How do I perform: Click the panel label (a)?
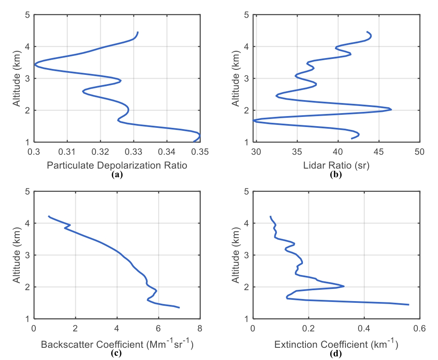pyautogui.click(x=117, y=174)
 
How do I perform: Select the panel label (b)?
pyautogui.click(x=336, y=174)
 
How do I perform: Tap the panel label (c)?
pyautogui.click(x=117, y=353)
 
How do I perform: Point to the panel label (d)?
pyautogui.click(x=336, y=353)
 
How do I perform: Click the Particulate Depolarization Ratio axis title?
pyautogui.click(x=117, y=166)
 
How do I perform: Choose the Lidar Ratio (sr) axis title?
pyautogui.click(x=336, y=166)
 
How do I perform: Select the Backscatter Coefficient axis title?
pyautogui.click(x=117, y=345)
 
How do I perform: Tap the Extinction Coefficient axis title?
pyautogui.click(x=336, y=345)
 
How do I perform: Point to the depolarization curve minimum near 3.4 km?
pyautogui.click(x=35, y=64)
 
